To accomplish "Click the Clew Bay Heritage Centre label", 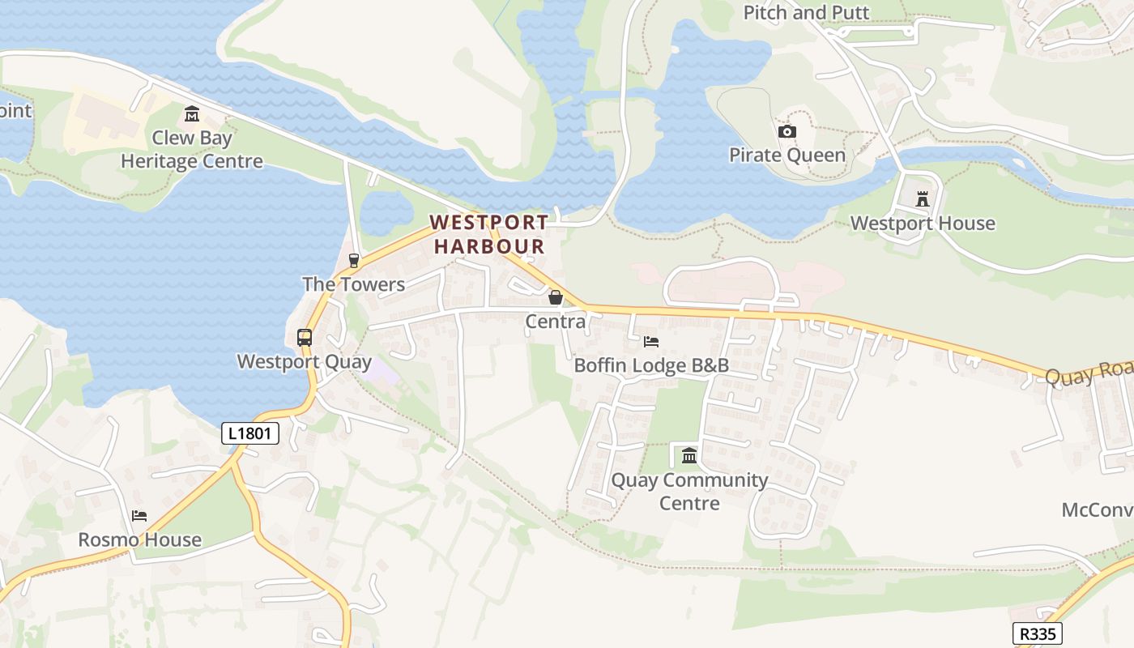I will (192, 150).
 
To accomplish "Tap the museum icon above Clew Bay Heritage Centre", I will (192, 113).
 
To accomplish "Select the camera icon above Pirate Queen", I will (787, 131).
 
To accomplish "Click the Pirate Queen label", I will (787, 155).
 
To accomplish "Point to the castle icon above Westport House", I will (922, 198).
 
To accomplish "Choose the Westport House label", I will (923, 224).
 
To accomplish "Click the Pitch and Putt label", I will (806, 12).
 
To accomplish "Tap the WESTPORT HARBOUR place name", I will (488, 234).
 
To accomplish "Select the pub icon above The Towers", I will (353, 260).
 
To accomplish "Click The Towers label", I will (353, 284).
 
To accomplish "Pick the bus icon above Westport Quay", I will (305, 338).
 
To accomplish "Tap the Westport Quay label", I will (304, 362).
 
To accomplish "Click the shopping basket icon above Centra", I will (556, 297).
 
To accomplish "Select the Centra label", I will (556, 322).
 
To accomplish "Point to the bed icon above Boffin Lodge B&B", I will (651, 341).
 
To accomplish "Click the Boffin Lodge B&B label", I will (651, 365).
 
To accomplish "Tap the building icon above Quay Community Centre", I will (689, 455).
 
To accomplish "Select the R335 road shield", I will (1038, 633).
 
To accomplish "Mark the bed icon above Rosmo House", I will (139, 516).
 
